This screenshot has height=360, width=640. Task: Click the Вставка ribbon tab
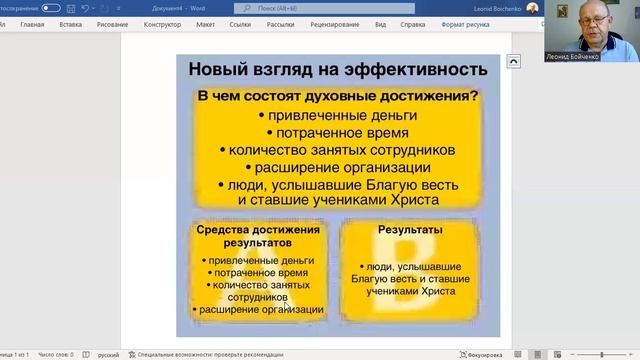(71, 23)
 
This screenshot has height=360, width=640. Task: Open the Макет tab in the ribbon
(205, 23)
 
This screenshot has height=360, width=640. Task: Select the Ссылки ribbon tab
(240, 23)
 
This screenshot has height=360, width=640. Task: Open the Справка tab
(412, 23)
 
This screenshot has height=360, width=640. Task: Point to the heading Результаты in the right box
(411, 230)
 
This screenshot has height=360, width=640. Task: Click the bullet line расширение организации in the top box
(342, 167)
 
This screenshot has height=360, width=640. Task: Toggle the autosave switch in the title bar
(51, 7)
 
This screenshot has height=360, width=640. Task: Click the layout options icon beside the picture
(514, 61)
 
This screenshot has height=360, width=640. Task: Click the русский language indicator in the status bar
(107, 354)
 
